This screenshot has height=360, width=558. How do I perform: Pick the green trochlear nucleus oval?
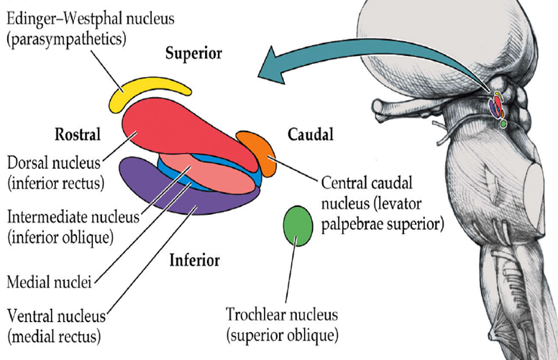[298, 226]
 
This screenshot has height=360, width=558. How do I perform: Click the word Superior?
[193, 54]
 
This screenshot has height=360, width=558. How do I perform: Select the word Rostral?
[78, 134]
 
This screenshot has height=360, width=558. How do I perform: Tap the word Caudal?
[311, 134]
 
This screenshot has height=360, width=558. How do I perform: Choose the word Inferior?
[194, 260]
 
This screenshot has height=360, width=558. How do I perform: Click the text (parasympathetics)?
[67, 39]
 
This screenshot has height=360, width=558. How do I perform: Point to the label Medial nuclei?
[49, 282]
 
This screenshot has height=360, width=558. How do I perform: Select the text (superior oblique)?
[282, 335]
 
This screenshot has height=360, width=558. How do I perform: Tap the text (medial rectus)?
[54, 336]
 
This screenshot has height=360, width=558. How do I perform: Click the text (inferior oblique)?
[60, 237]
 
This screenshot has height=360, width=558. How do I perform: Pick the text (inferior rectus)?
[56, 183]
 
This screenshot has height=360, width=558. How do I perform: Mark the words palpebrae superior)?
[383, 225]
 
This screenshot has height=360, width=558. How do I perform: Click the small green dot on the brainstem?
[503, 124]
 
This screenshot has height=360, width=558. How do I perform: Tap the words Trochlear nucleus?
[282, 315]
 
